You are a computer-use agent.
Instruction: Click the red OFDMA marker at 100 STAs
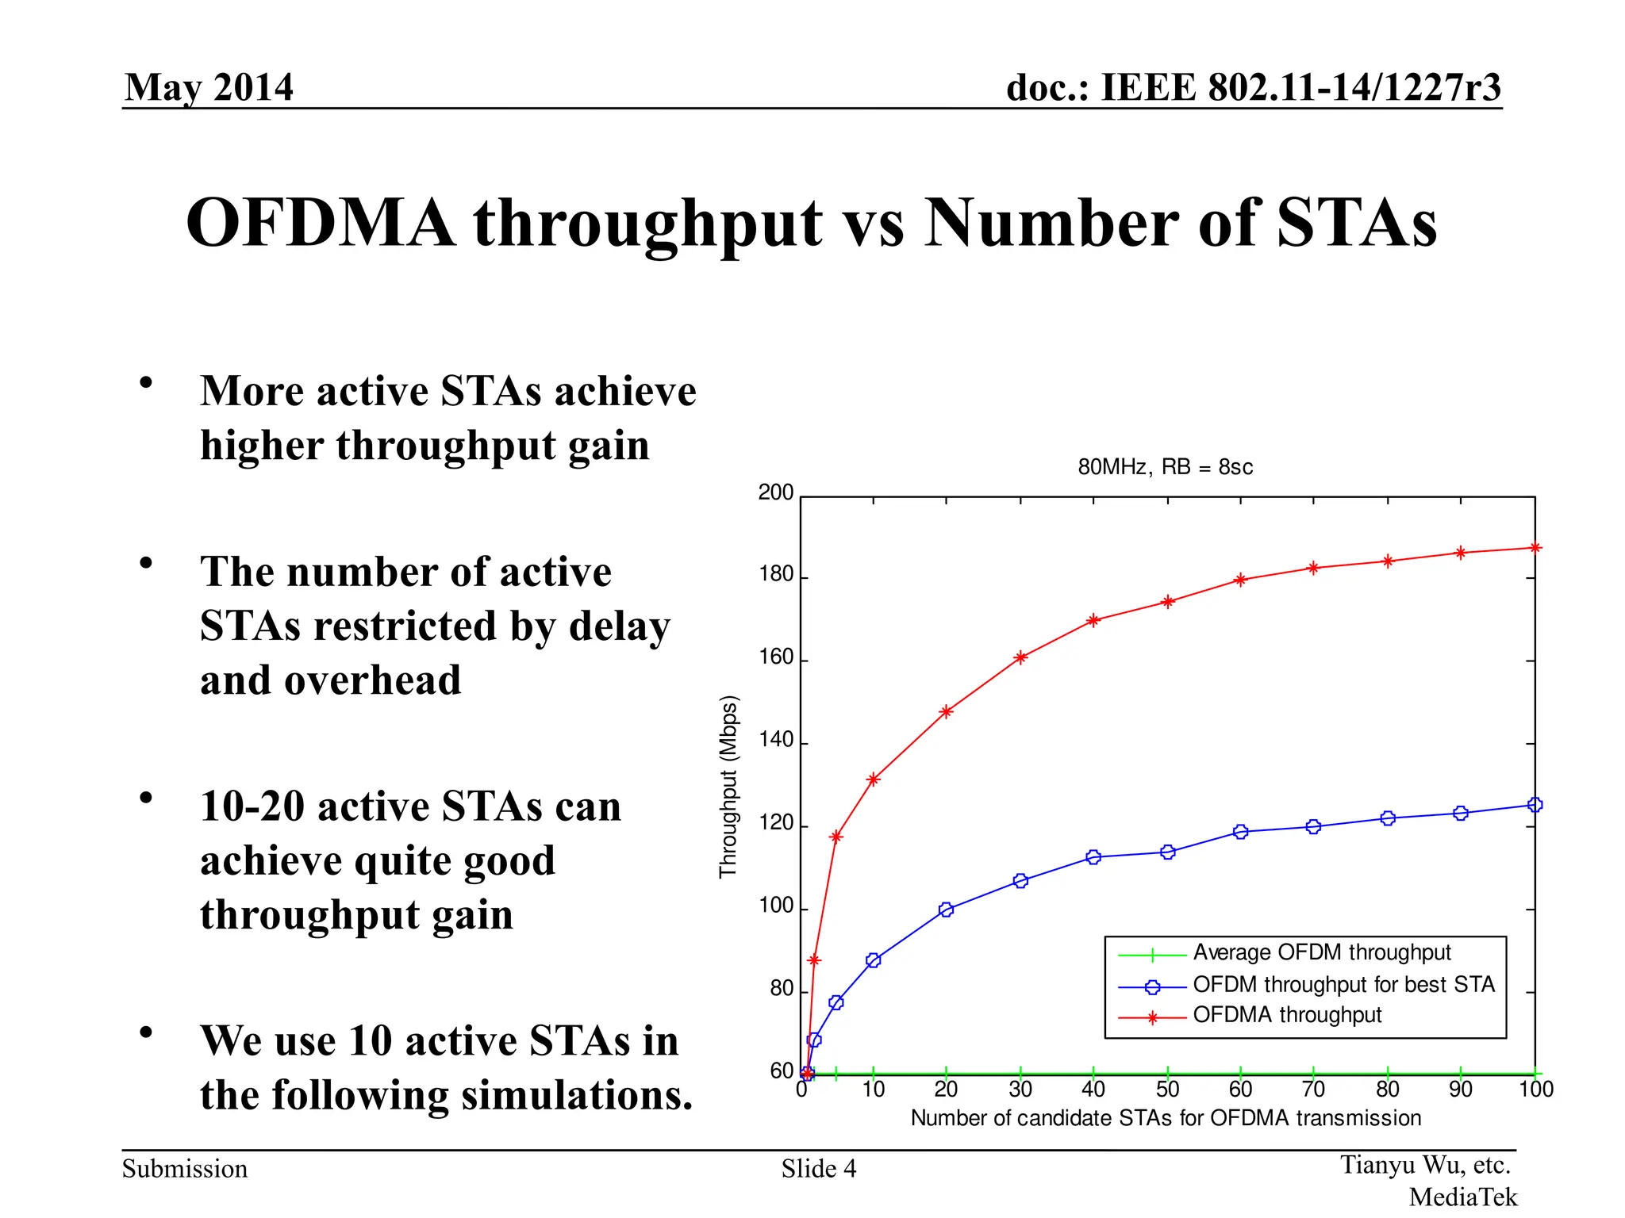(1535, 547)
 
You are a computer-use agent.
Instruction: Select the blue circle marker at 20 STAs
(946, 910)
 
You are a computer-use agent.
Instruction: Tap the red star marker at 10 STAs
(873, 779)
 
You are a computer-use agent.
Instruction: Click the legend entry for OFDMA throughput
(1286, 1015)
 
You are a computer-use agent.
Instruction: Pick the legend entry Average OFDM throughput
(1321, 952)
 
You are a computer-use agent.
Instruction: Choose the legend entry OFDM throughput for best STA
(1343, 985)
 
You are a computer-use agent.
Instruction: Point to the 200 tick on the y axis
(775, 492)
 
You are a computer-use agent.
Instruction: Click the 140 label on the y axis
(775, 740)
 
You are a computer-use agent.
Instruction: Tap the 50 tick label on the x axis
(1167, 1090)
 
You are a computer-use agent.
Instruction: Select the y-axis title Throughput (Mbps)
(728, 786)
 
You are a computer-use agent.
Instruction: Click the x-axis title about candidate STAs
(1165, 1118)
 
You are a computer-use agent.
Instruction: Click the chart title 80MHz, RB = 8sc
(1165, 467)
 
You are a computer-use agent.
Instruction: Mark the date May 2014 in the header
(209, 86)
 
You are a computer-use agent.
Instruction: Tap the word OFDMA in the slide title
(321, 224)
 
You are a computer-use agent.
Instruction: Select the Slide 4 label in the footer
(818, 1169)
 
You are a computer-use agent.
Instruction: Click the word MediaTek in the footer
(1462, 1197)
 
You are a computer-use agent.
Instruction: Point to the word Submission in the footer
(184, 1169)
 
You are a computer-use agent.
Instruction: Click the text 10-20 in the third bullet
(252, 806)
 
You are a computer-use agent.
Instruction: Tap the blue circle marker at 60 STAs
(1241, 831)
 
